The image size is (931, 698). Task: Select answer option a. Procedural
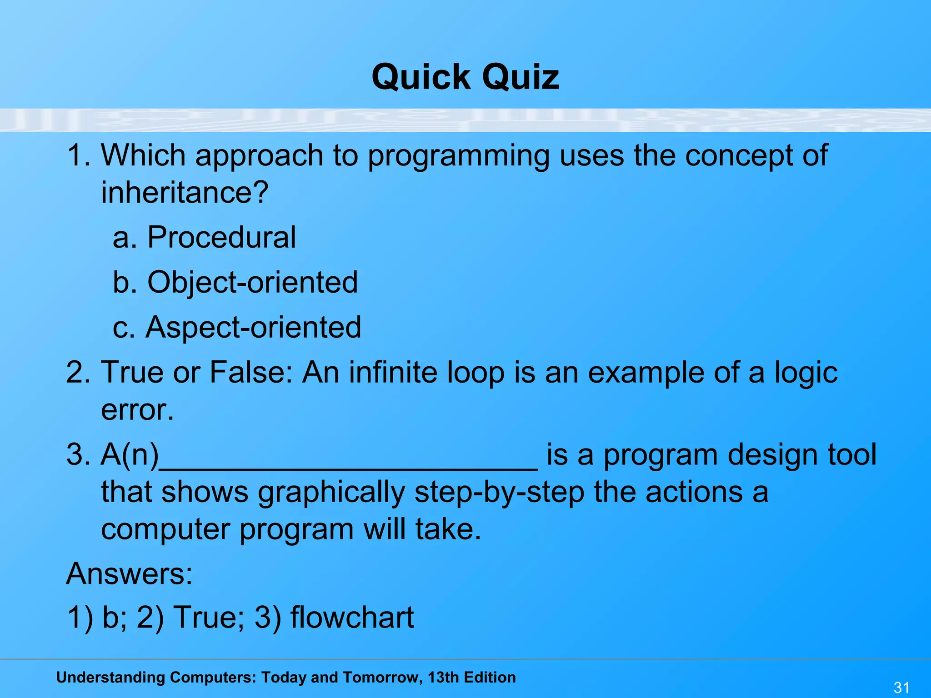click(x=204, y=237)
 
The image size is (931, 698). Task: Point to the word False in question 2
click(x=250, y=372)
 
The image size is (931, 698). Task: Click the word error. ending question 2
click(x=137, y=410)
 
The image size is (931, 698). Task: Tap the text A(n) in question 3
click(x=130, y=454)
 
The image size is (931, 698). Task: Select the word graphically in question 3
click(x=331, y=493)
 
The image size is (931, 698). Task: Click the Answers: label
click(x=130, y=573)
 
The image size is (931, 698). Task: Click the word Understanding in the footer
click(x=109, y=678)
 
